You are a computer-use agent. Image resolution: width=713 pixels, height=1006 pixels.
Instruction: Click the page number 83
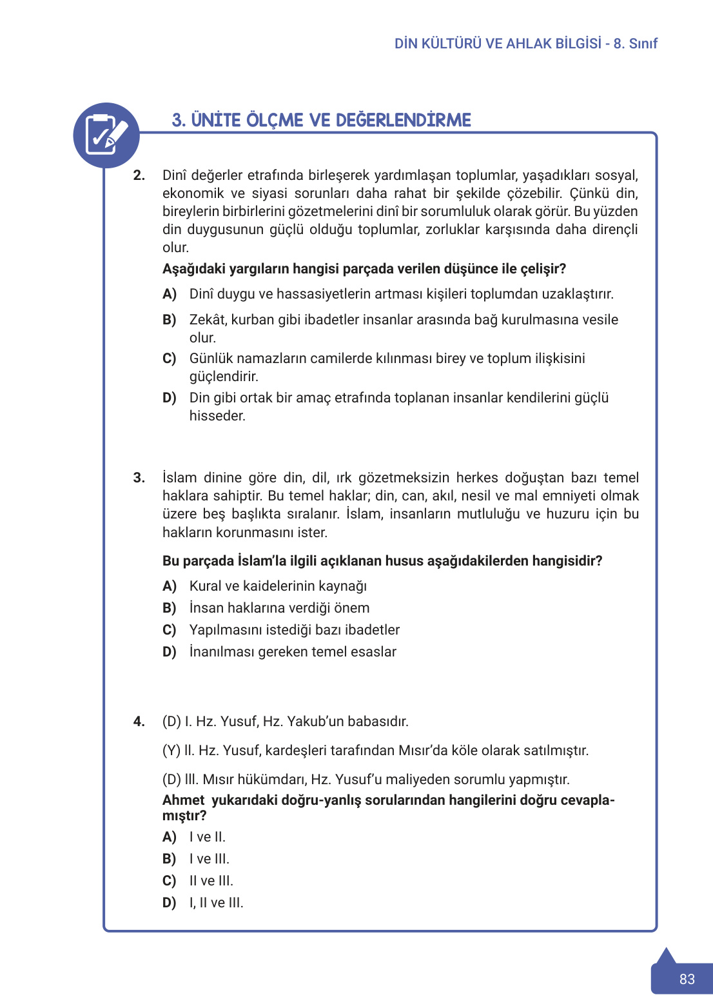[687, 979]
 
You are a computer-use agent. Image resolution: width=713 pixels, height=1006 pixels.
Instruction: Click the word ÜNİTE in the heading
[216, 121]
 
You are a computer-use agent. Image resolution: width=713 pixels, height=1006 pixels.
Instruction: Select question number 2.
[139, 175]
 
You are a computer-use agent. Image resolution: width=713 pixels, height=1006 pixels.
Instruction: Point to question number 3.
[139, 478]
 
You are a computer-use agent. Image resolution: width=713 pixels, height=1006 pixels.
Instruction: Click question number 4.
[139, 721]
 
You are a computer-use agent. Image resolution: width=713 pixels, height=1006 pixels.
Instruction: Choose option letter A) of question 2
[170, 294]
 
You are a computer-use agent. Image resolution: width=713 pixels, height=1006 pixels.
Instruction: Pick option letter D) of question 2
[170, 398]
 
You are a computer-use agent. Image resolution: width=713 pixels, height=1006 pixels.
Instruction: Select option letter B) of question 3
[170, 608]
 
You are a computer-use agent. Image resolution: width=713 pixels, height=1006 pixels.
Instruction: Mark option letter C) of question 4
[170, 881]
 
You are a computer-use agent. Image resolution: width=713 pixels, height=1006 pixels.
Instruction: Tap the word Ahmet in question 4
[183, 800]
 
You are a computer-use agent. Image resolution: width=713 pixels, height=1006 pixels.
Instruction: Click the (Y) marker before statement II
[171, 751]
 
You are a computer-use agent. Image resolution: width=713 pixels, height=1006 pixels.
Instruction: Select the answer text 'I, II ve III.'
[216, 903]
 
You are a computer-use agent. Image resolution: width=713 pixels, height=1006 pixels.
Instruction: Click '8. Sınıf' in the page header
[635, 44]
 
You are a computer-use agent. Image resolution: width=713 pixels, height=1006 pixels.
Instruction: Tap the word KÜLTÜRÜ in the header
[451, 44]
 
